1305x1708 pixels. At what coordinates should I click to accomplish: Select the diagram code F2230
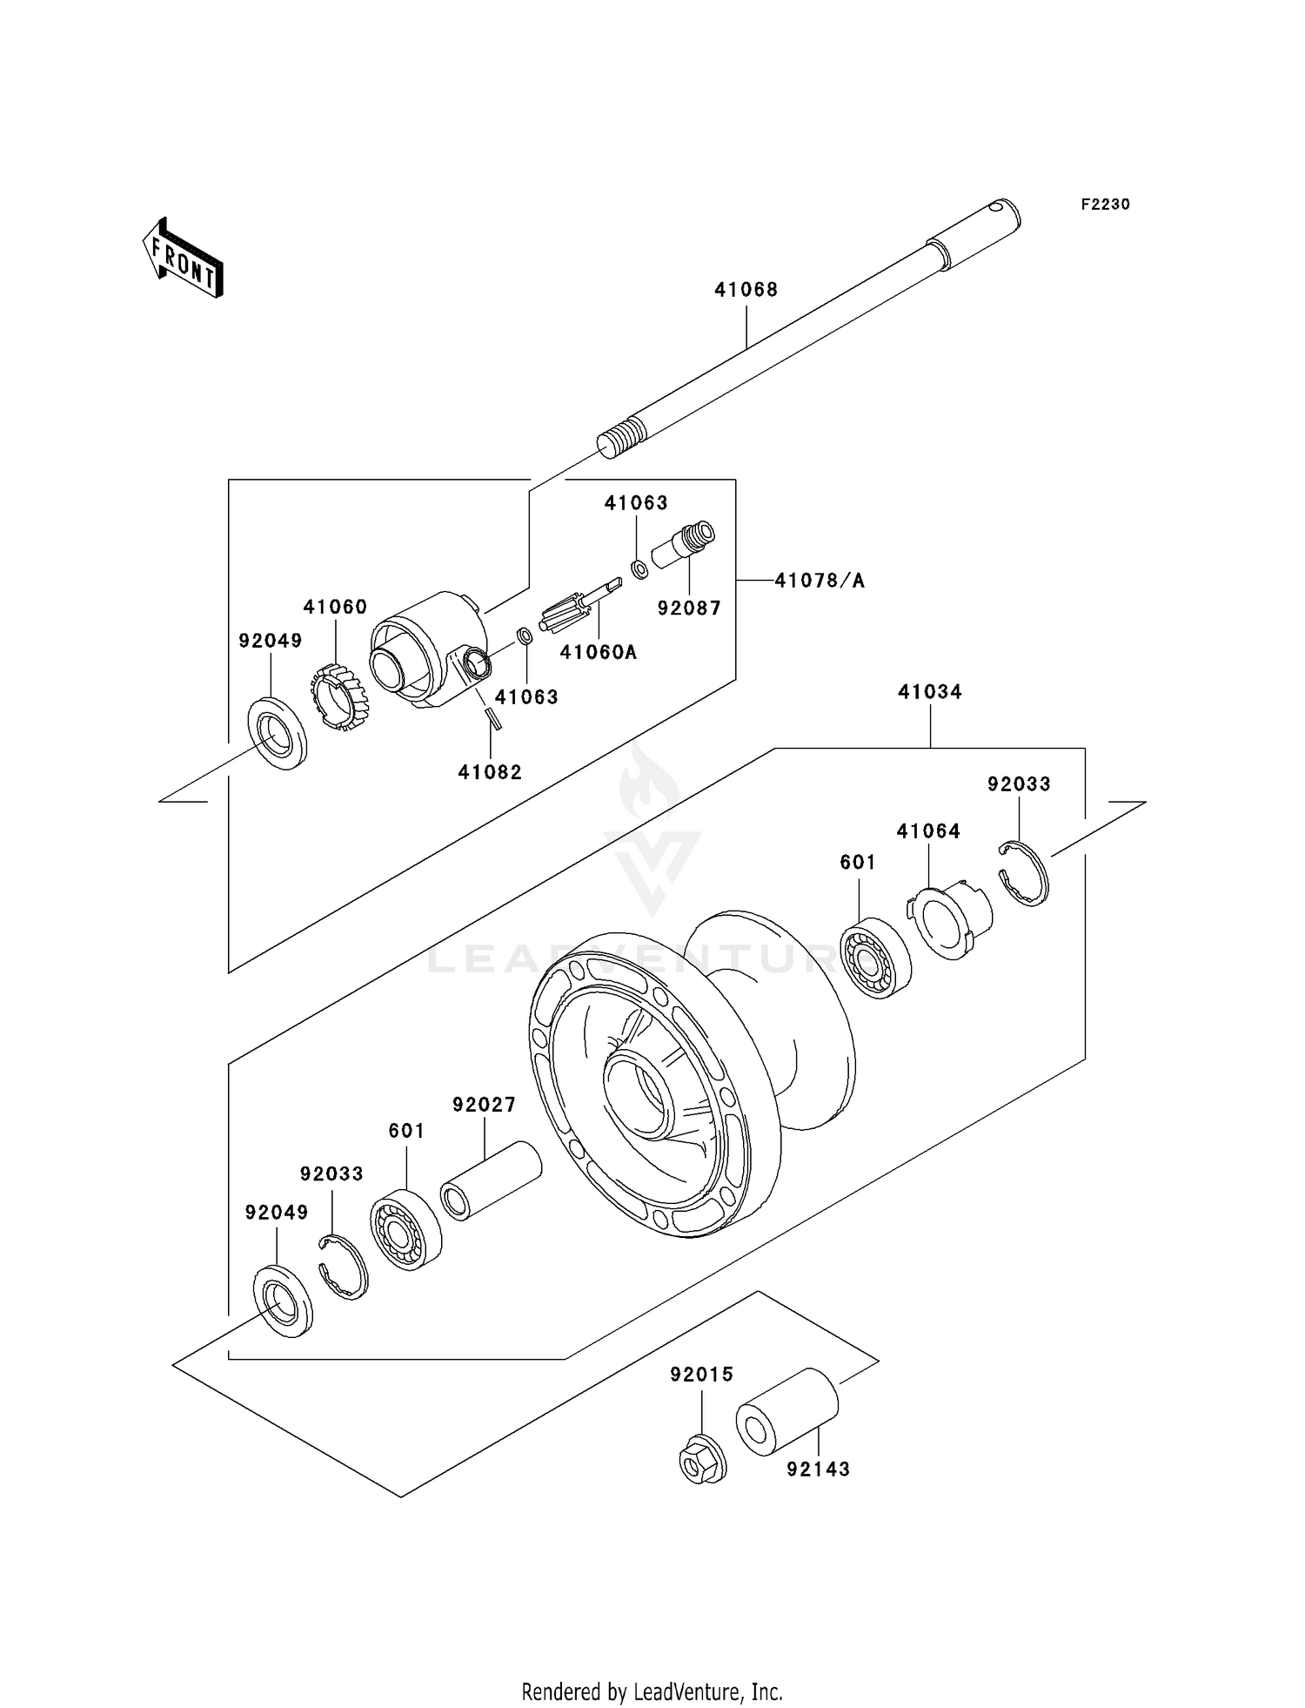[x=1105, y=205]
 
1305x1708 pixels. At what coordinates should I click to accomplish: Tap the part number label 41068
[x=746, y=290]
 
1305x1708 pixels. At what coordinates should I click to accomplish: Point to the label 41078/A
[x=820, y=581]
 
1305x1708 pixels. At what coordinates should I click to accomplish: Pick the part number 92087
[x=689, y=609]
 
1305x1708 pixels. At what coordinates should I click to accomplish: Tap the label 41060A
[x=598, y=652]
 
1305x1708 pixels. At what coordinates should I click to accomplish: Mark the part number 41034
[x=929, y=692]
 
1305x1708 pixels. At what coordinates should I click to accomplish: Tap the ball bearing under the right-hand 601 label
[x=875, y=958]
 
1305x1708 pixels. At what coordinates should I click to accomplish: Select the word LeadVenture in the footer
[x=687, y=1691]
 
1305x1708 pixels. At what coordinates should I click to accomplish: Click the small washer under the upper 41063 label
[x=639, y=569]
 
